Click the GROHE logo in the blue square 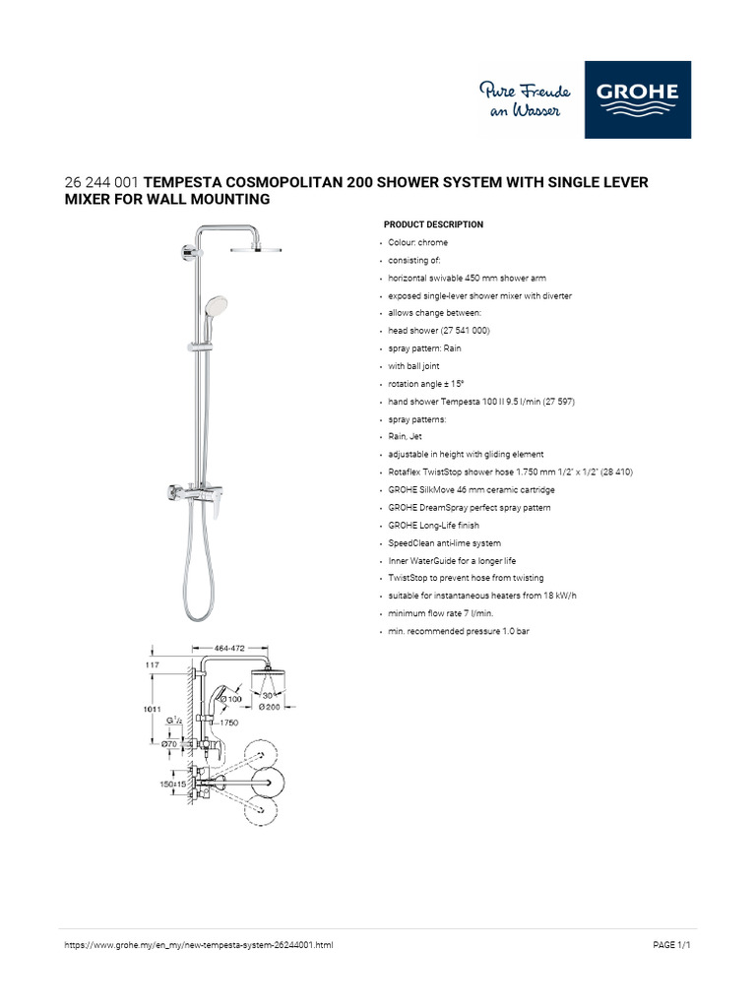637,99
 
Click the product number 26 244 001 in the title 102,183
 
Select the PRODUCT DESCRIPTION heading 433,224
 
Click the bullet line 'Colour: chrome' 417,242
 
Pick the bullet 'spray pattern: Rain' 425,348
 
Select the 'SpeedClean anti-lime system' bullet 444,543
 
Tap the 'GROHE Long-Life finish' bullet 435,526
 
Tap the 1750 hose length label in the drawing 229,723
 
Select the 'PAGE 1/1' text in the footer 673,945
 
